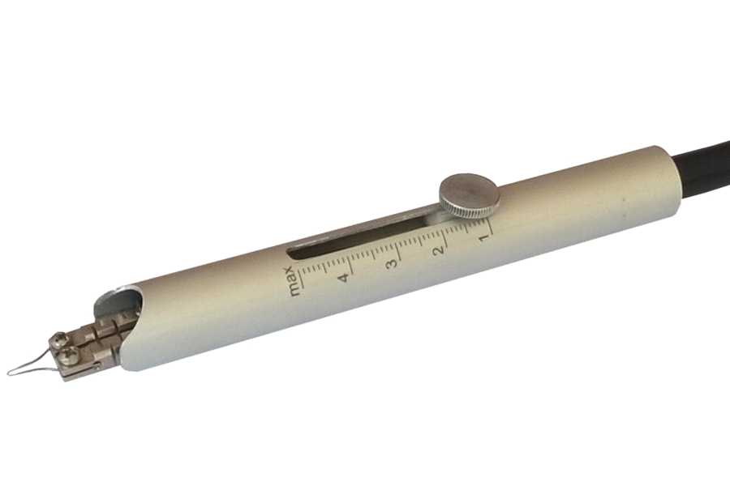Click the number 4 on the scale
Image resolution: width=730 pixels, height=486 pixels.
pos(344,278)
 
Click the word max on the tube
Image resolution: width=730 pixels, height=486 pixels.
pos(294,282)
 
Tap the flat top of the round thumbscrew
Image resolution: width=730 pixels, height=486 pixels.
pos(470,190)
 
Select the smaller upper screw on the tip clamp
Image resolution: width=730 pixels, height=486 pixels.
pos(59,337)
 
